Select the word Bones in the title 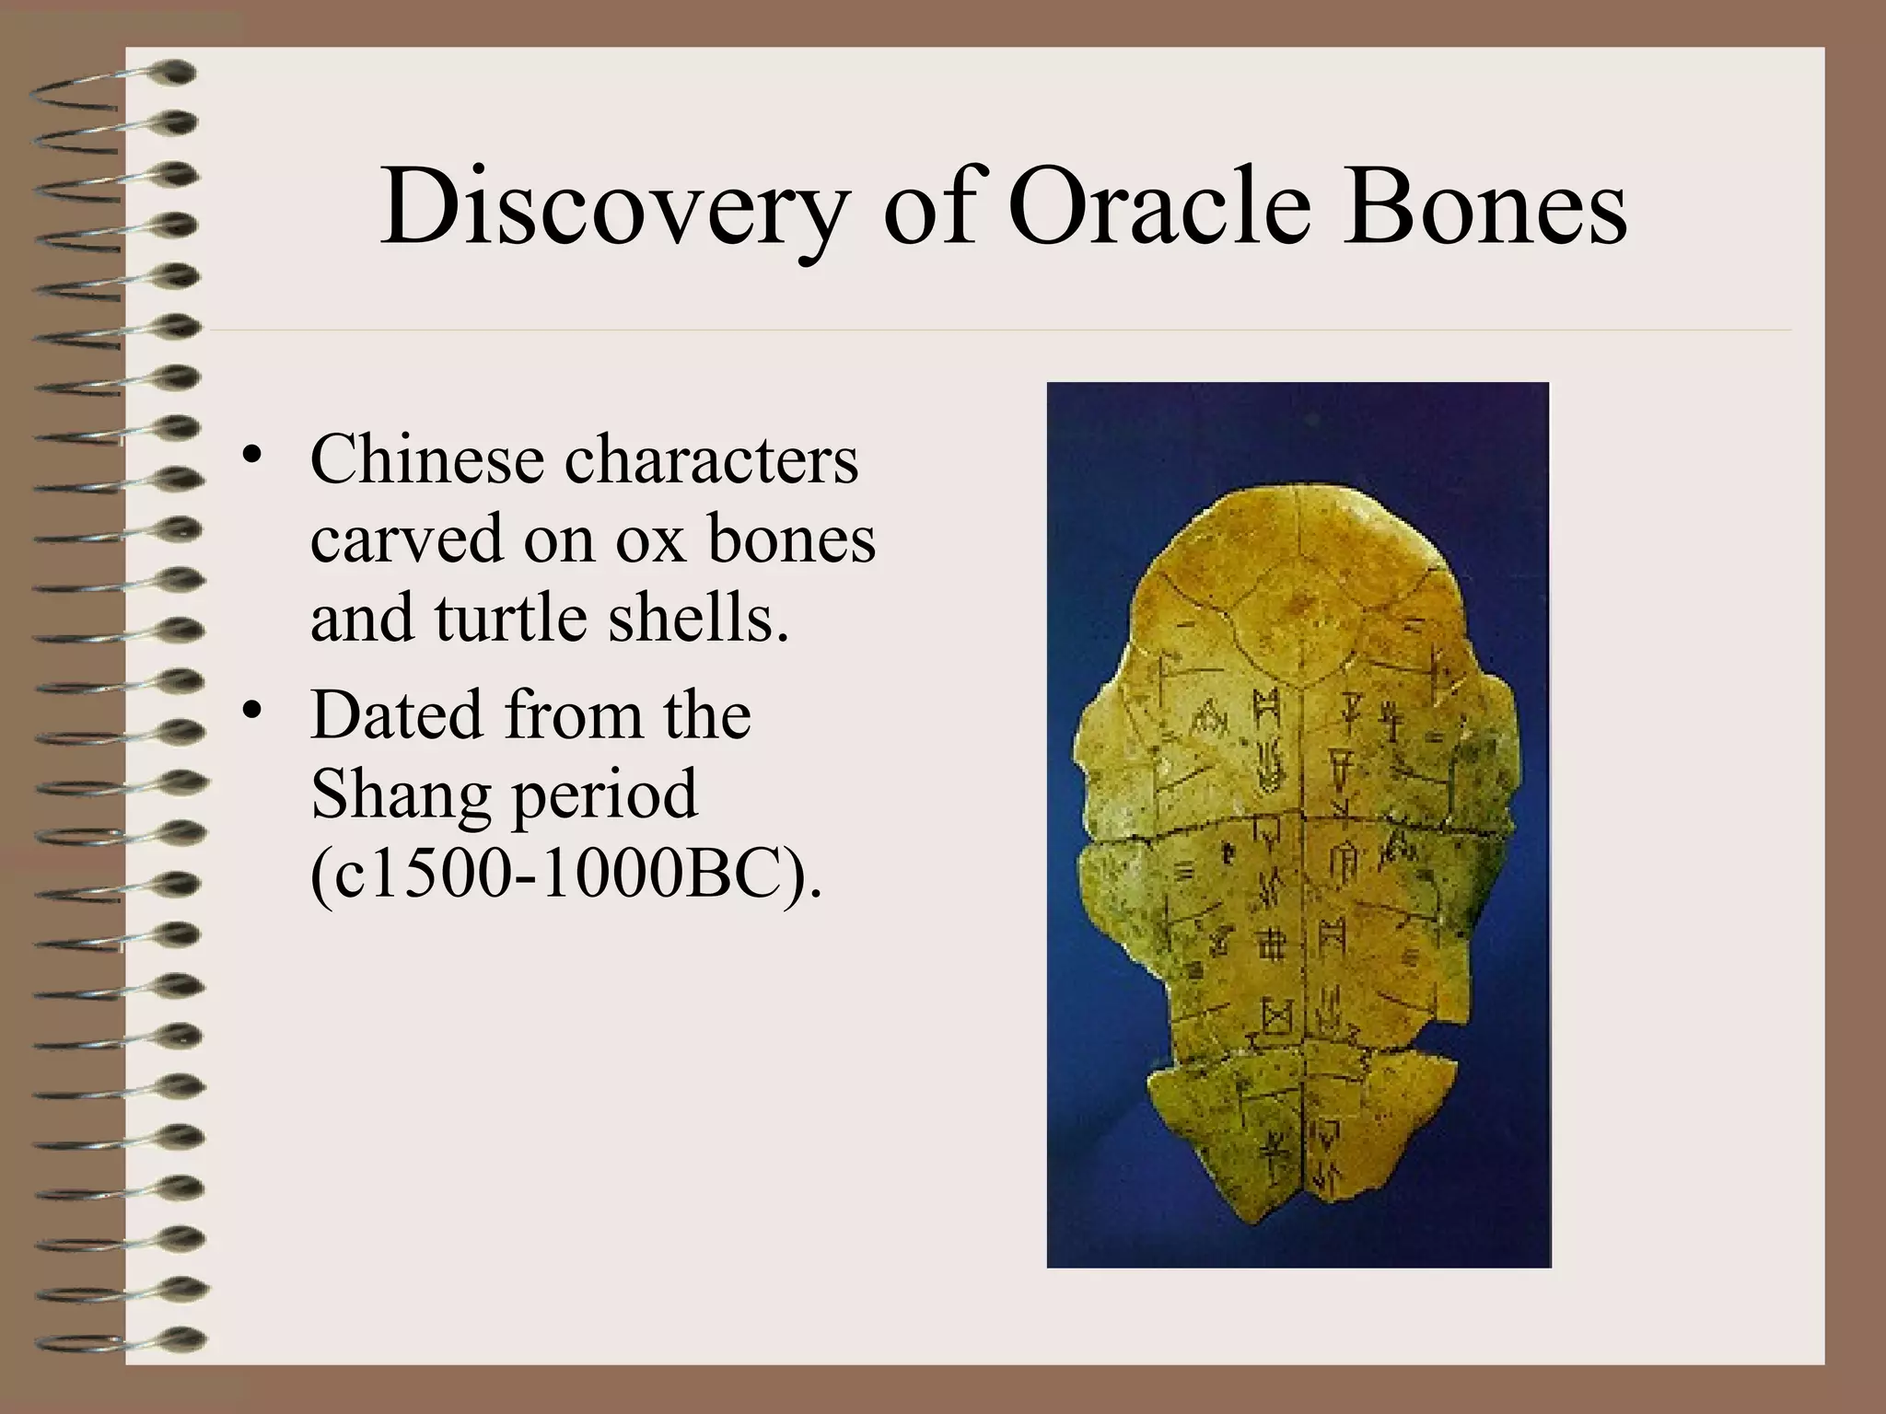point(1483,208)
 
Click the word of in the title point(930,208)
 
